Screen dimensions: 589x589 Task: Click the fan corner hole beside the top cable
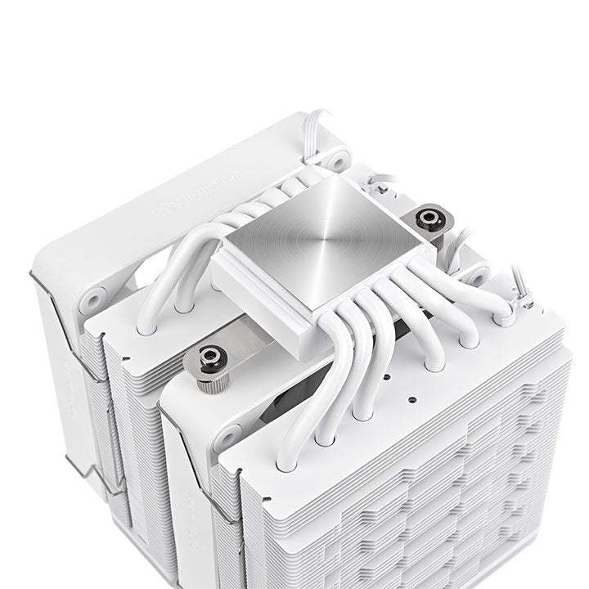click(335, 158)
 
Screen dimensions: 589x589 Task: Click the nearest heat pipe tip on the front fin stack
click(286, 463)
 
